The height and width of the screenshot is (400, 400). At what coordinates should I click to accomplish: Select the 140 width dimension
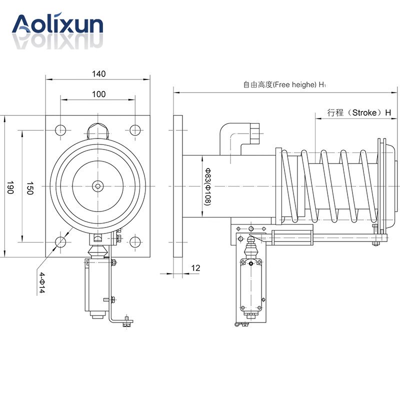point(98,73)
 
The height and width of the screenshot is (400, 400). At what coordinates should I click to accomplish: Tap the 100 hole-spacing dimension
point(98,94)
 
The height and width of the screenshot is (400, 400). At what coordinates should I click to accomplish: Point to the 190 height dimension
point(10,187)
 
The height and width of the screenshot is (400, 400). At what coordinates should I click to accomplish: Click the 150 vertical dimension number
point(30,188)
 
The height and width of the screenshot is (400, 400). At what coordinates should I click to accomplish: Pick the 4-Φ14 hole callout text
point(42,282)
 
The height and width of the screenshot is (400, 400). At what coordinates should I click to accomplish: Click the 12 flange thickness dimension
point(195,268)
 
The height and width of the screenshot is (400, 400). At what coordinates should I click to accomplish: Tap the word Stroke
point(364,112)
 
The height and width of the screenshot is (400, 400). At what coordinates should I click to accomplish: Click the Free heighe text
point(294,84)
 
